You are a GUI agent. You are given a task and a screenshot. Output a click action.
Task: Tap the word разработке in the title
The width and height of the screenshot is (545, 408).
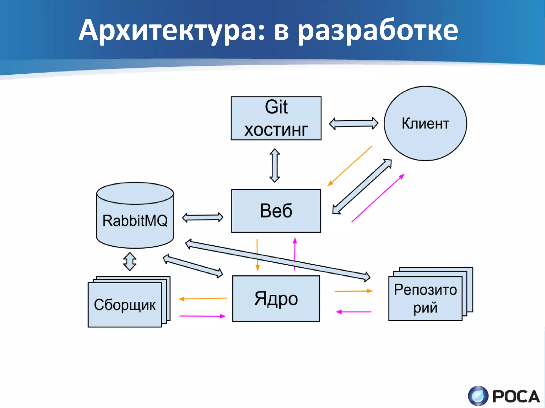click(378, 31)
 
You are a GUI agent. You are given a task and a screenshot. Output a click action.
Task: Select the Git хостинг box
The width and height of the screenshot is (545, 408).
click(276, 118)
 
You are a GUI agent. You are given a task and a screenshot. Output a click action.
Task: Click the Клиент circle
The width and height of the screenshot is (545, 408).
click(425, 123)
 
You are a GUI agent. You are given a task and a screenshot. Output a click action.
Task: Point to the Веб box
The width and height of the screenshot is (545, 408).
click(276, 211)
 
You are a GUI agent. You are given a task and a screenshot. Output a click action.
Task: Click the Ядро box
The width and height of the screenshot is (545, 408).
click(276, 298)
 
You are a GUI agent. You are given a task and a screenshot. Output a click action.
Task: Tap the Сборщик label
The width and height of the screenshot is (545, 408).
click(125, 305)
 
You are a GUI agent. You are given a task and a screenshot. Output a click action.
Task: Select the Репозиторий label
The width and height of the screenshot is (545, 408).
click(425, 298)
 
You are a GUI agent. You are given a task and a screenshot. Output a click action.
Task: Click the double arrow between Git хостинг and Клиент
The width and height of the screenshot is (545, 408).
click(353, 123)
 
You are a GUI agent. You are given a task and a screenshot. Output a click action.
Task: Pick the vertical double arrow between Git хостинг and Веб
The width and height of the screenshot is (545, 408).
click(275, 165)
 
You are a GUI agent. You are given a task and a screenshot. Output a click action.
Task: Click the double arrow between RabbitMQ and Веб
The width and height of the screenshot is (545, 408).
click(203, 217)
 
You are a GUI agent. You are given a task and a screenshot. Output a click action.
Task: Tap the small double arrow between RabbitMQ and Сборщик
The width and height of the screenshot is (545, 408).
click(130, 261)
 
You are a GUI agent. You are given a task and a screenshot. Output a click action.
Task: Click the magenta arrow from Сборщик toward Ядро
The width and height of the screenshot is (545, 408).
click(202, 316)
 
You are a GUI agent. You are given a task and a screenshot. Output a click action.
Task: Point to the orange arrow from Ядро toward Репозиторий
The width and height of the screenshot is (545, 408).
click(353, 291)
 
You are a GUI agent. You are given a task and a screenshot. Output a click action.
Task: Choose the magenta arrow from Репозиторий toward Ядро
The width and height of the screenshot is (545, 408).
click(353, 312)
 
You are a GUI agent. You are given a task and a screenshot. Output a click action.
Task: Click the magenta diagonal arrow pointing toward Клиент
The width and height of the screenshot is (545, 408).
click(378, 198)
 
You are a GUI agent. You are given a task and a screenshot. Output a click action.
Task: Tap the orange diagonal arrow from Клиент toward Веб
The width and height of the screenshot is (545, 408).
click(350, 166)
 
